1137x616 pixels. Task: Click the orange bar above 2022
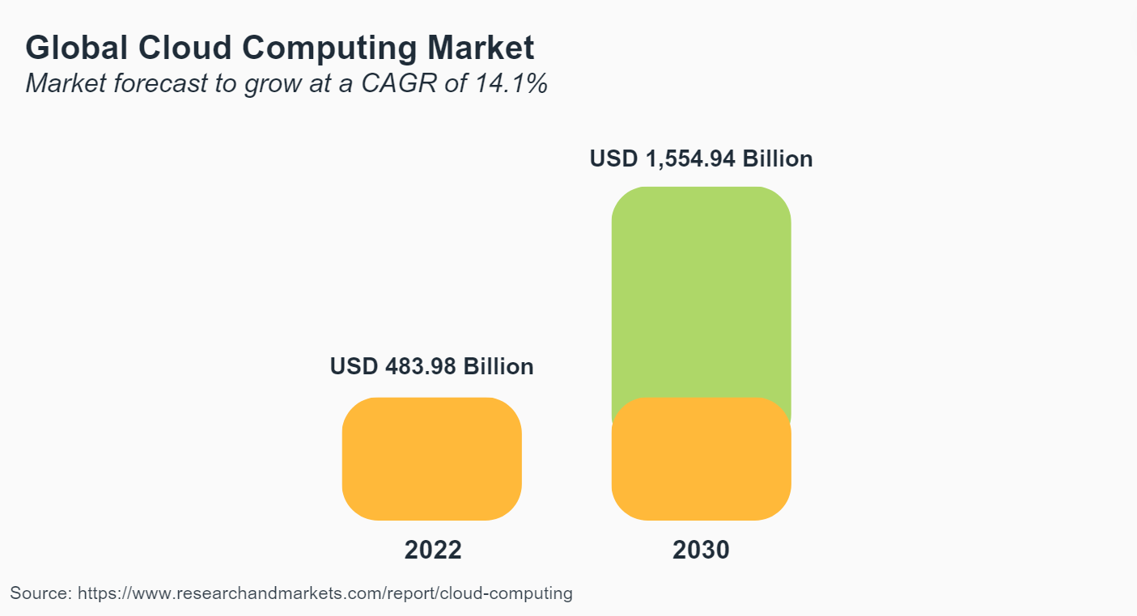point(431,458)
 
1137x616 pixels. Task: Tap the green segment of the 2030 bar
point(701,291)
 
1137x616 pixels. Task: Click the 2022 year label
point(432,551)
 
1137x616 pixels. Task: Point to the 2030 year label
point(701,551)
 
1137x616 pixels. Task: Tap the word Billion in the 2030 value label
point(778,158)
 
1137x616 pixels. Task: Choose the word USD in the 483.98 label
point(354,367)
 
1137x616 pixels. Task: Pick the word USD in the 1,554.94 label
point(613,158)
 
